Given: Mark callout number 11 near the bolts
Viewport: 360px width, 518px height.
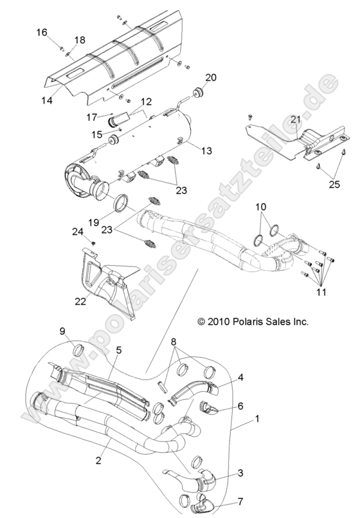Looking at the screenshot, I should point(321,292).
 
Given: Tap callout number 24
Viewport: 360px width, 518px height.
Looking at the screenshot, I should point(78,232).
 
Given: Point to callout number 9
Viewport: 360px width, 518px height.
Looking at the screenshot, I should point(62,331).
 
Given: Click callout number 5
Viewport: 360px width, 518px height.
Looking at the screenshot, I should point(119,351).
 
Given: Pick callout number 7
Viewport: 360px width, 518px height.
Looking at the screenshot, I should point(241,501).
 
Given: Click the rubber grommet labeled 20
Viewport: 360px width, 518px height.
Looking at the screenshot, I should point(198,92).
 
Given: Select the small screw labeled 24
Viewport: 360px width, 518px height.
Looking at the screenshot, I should point(92,243).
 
